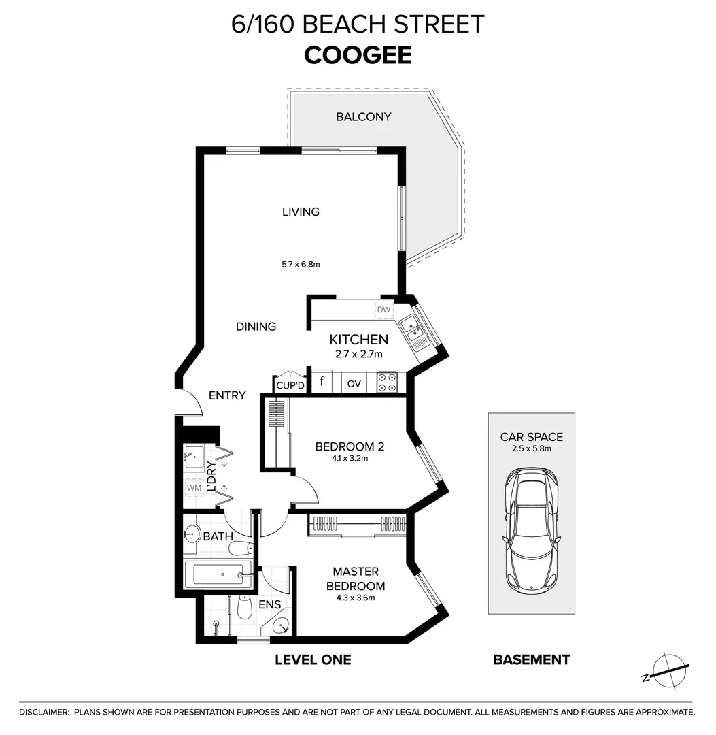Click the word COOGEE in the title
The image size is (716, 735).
pyautogui.click(x=358, y=55)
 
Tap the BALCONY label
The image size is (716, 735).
pyautogui.click(x=363, y=117)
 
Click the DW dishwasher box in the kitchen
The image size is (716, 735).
pyautogui.click(x=384, y=310)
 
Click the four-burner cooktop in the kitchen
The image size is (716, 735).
pyautogui.click(x=387, y=382)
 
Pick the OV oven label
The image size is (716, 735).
pyautogui.click(x=354, y=384)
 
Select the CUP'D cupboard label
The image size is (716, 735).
pyautogui.click(x=290, y=386)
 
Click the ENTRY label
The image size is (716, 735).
pyautogui.click(x=226, y=395)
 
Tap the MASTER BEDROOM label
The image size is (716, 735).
pyautogui.click(x=355, y=578)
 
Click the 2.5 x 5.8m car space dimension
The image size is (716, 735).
pyautogui.click(x=531, y=448)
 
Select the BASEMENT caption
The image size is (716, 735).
pyautogui.click(x=531, y=659)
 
